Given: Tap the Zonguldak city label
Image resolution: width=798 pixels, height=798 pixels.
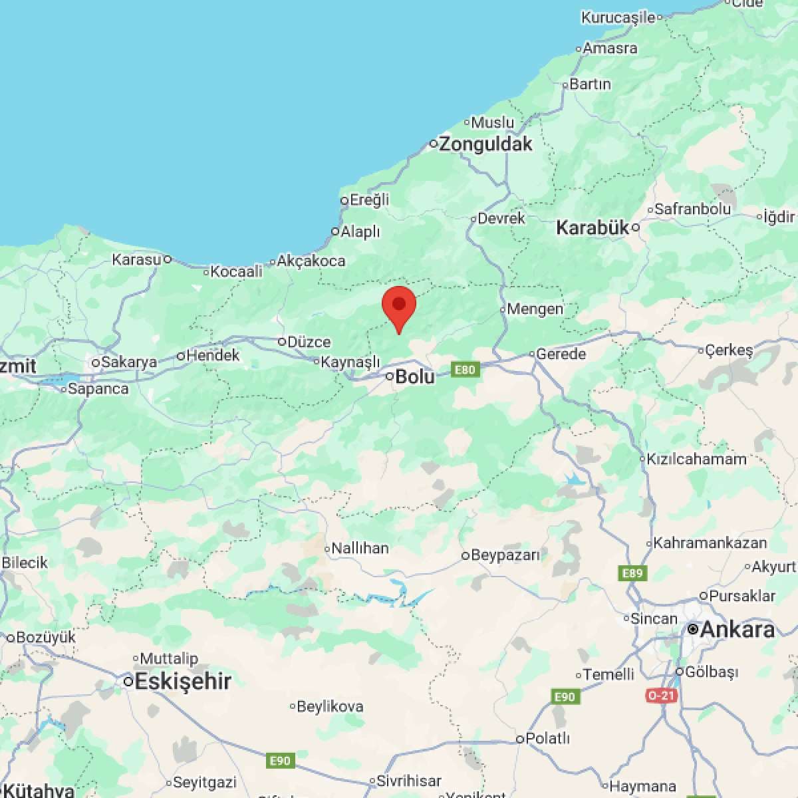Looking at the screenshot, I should coord(485,144).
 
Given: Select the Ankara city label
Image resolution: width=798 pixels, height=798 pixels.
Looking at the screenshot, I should coord(737,629).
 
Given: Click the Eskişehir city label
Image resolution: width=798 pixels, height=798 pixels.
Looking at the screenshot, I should coord(182,681).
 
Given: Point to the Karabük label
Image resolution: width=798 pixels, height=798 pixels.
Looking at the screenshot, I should coord(592,228).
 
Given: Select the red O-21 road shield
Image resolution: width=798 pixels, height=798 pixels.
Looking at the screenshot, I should coord(661,696).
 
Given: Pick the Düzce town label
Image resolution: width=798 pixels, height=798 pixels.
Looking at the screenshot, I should coord(309,342).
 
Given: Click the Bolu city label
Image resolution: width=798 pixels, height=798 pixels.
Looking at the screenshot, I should coord(414,377).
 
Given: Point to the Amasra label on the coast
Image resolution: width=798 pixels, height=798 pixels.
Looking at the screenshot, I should coord(610,48).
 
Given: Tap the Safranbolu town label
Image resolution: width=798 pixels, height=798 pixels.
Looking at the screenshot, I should coord(692,209).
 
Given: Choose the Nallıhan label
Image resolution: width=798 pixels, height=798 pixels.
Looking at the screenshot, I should coord(360,549).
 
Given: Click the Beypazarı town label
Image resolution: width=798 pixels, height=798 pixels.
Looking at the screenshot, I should coord(505,555).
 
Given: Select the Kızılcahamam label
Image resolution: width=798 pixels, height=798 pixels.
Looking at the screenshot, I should coord(697,459).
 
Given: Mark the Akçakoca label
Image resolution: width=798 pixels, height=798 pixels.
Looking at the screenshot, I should coord(311,261).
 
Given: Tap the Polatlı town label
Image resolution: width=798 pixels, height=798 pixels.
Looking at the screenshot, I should coord(547,738).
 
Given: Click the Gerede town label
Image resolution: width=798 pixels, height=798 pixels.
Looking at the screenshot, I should coord(561,354).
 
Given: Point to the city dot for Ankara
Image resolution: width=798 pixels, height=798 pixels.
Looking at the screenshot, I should coord(693,628).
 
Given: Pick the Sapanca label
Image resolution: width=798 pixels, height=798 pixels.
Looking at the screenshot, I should coord(98,388).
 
